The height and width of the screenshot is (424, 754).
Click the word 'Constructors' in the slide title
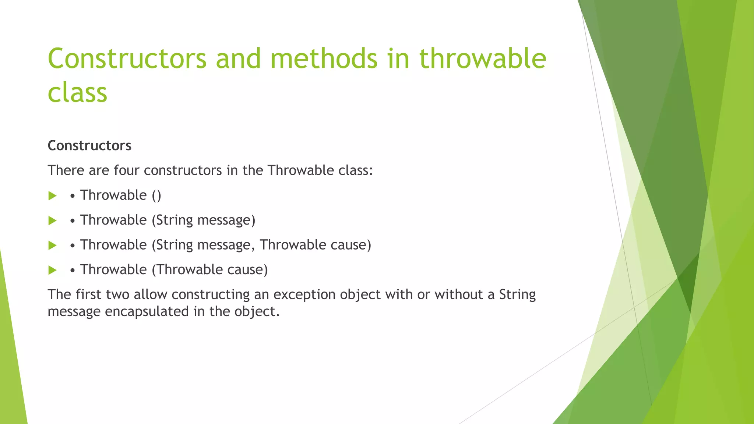point(127,59)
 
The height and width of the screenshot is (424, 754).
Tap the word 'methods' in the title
point(324,59)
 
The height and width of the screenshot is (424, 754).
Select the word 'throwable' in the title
point(483,59)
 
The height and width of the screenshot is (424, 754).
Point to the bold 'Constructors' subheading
point(89,146)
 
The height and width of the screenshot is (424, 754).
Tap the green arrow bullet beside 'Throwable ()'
point(52,196)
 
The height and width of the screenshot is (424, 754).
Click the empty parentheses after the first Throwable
point(156,195)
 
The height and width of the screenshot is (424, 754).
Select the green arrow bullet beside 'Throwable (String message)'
point(52,220)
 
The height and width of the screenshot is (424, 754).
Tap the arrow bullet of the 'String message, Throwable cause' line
point(52,245)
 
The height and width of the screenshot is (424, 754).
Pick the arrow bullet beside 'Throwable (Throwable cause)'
point(52,270)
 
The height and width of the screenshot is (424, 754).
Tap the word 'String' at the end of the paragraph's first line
point(517,294)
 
